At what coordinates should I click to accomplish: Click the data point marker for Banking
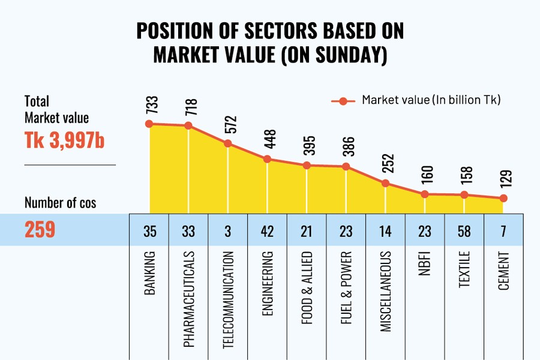[x=149, y=124]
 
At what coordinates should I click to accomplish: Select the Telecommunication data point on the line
[x=227, y=143]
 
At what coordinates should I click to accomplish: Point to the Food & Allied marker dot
[x=307, y=165]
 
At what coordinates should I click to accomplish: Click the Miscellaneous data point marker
[x=385, y=184]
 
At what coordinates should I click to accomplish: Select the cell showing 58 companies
[x=464, y=230]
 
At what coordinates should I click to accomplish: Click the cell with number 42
[x=267, y=230]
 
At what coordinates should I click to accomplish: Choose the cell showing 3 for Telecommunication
[x=227, y=230]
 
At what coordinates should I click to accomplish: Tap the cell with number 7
[x=503, y=230]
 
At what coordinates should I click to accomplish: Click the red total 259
[x=40, y=230]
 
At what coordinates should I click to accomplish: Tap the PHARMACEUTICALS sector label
[x=188, y=299]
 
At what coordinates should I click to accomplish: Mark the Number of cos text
[x=60, y=203]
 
